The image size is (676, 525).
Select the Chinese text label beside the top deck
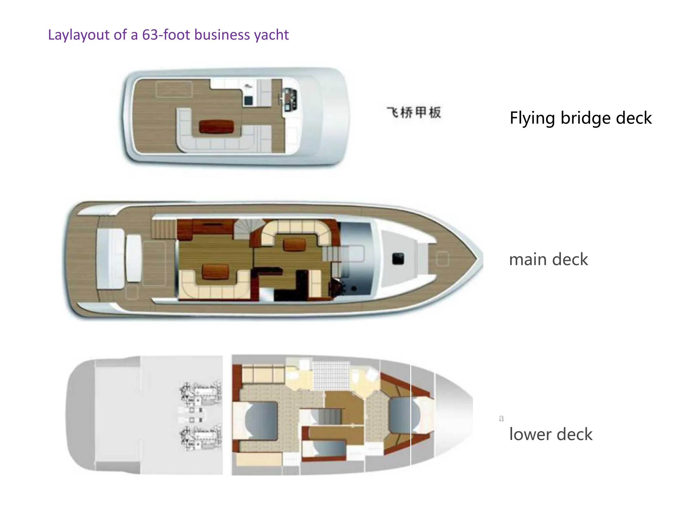click(x=413, y=112)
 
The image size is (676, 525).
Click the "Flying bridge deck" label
click(x=580, y=118)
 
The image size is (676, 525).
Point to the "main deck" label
click(x=548, y=259)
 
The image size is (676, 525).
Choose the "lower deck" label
click(x=551, y=434)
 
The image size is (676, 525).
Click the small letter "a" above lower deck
click(x=501, y=418)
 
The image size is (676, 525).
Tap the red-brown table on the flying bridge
click(x=216, y=126)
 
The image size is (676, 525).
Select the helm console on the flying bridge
click(x=289, y=100)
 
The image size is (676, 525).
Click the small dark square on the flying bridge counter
click(x=248, y=101)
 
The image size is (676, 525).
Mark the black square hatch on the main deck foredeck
click(x=398, y=259)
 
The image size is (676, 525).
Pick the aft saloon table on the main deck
click(x=215, y=271)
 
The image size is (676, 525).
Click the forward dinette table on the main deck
click(x=294, y=245)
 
